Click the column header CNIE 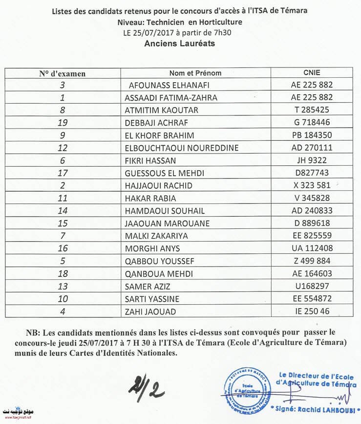(311, 73)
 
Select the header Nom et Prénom (195, 73)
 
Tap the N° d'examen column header (63, 74)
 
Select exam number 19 (62, 122)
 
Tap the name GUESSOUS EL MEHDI (165, 173)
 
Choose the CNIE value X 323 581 (311, 185)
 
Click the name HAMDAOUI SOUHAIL (165, 211)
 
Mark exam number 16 (62, 248)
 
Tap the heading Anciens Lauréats (180, 43)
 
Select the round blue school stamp (247, 391)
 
